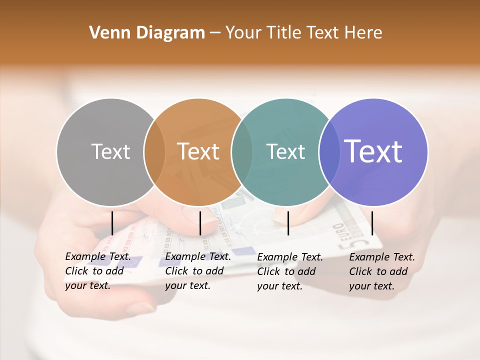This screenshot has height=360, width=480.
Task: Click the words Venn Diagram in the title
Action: tap(147, 33)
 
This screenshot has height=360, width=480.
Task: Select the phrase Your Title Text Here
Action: tap(303, 33)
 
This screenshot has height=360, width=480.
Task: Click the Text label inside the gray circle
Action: tap(110, 151)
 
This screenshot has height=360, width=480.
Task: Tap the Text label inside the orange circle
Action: tap(198, 151)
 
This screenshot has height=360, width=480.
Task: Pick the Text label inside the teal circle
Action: tap(285, 151)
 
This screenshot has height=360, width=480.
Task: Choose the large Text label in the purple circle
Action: tap(373, 151)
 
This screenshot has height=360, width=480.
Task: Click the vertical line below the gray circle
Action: tap(112, 223)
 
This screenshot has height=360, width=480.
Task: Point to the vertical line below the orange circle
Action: tap(200, 223)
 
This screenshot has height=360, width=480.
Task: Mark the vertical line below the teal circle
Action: tap(288, 223)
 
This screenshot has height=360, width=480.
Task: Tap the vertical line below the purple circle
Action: tap(372, 223)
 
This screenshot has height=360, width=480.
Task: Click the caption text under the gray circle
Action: tap(97, 271)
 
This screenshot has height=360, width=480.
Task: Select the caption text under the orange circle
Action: tap(197, 271)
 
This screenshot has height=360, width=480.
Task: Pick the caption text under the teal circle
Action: tap(289, 271)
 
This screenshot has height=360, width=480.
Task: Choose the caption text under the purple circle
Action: tap(381, 271)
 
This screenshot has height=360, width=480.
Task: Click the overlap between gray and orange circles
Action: tap(154, 152)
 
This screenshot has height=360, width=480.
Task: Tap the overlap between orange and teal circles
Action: tap(242, 152)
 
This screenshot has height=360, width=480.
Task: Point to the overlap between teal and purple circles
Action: tap(329, 152)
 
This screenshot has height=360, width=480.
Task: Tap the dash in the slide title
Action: tap(214, 33)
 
